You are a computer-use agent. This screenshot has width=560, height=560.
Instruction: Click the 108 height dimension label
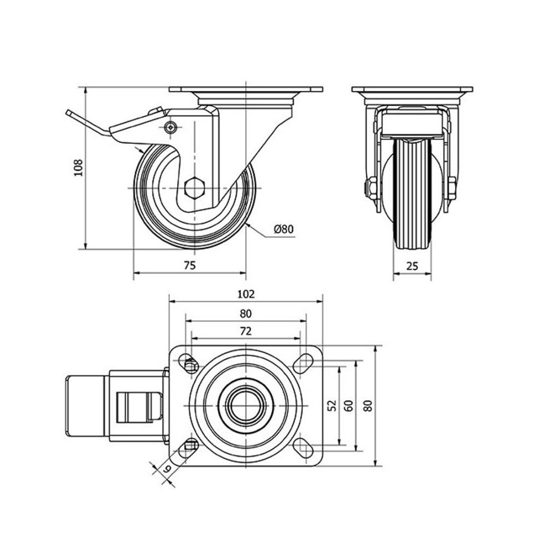point(78,167)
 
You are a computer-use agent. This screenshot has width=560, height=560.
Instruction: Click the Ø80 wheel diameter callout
point(284,229)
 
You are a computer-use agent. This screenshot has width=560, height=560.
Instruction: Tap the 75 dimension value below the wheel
point(190,265)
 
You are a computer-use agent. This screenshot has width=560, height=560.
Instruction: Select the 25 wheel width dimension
point(412,266)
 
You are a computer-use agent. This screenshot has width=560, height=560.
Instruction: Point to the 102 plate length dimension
point(246,294)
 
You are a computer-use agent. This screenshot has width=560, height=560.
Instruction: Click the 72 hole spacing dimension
point(246,331)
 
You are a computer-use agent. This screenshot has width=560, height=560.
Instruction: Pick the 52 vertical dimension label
point(332,405)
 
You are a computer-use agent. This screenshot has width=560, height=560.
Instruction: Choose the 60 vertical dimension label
point(349,405)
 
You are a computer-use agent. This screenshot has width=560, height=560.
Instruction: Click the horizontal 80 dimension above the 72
point(246,313)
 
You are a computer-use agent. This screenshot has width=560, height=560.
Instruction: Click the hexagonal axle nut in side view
point(194,187)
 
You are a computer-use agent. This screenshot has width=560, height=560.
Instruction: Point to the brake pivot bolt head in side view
point(171,127)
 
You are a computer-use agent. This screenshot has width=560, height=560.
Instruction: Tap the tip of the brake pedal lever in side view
point(68,113)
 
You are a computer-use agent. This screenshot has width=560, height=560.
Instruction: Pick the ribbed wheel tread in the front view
point(412,194)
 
